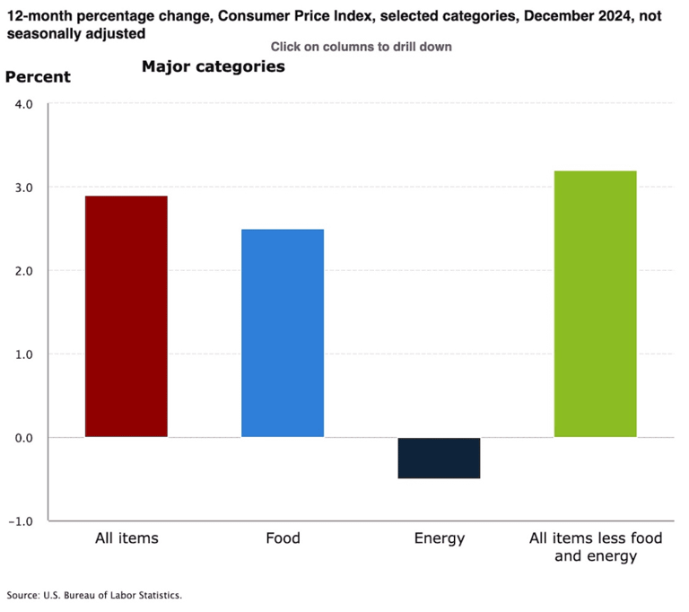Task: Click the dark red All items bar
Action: click(126, 317)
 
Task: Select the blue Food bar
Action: click(283, 333)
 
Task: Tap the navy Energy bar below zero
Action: click(439, 458)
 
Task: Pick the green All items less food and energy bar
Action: click(595, 304)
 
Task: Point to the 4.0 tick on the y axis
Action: click(23, 104)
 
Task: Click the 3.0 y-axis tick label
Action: click(23, 188)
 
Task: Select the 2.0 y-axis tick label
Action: click(23, 271)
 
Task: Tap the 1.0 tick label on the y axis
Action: click(23, 354)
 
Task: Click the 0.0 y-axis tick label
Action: click(23, 438)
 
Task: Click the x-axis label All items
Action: click(126, 538)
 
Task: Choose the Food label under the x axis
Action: click(283, 538)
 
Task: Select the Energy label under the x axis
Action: click(439, 538)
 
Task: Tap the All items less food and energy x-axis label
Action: click(595, 547)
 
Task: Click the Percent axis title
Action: click(38, 77)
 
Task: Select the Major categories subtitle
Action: click(213, 67)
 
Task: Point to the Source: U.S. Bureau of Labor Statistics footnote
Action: click(94, 595)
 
